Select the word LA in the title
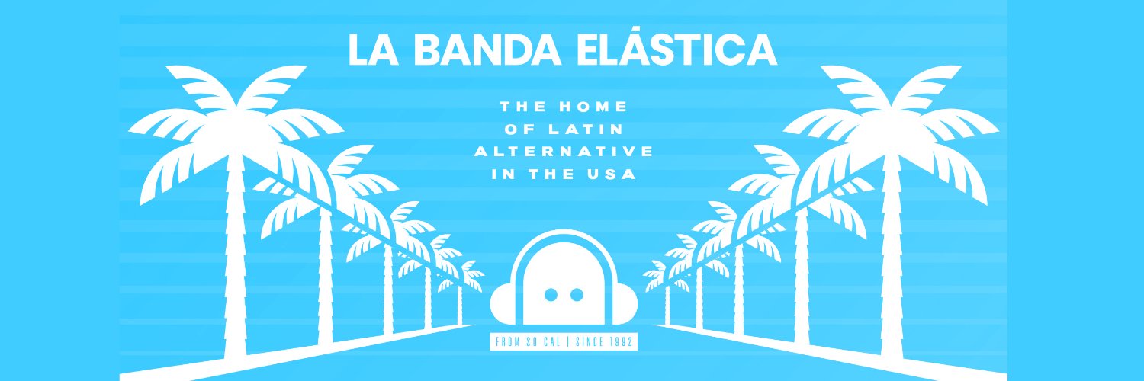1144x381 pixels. tap(371, 50)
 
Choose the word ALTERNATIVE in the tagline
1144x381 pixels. tap(564, 152)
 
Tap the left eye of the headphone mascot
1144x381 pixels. tap(548, 294)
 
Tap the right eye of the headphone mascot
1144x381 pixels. tap(577, 294)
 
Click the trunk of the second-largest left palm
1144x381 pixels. tap(326, 274)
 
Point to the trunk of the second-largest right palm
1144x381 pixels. tap(801, 274)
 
